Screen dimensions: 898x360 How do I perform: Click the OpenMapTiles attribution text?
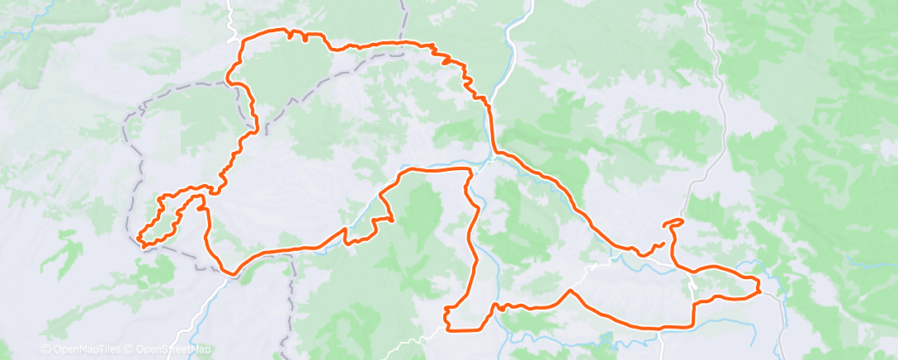pyautogui.click(x=82, y=349)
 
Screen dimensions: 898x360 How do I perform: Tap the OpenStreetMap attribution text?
pyautogui.click(x=163, y=349)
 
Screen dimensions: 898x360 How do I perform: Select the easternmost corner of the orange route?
pyautogui.click(x=759, y=287)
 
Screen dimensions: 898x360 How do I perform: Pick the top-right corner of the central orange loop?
pyautogui.click(x=470, y=169)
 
